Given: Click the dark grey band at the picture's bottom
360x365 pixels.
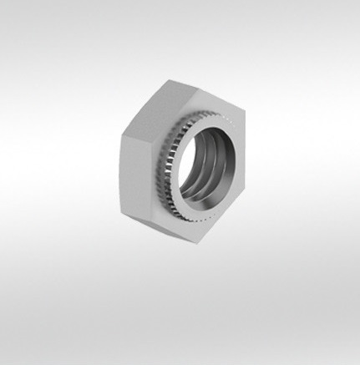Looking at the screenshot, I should (180, 357).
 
